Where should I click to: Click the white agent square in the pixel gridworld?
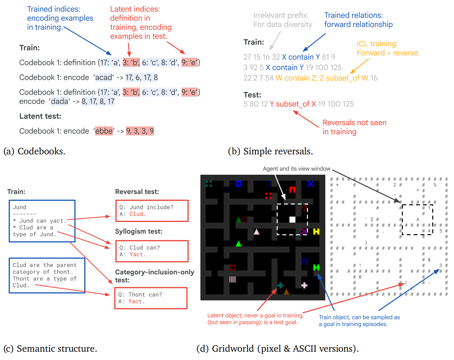tap(292, 219)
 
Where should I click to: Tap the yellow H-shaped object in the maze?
tap(316, 231)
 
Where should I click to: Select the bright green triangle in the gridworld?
tap(238, 244)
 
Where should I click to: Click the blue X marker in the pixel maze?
tap(310, 184)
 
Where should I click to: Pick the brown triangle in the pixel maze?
tap(286, 291)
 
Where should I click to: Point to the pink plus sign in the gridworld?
tap(304, 285)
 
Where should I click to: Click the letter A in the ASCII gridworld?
tap(418, 219)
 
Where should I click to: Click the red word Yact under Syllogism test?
tap(137, 255)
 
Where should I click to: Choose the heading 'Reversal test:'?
tap(137, 192)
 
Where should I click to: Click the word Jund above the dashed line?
tap(19, 207)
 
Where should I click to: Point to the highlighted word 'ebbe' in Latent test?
tap(103, 131)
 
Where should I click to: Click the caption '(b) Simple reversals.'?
tap(271, 152)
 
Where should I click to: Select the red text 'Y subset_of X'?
tap(293, 104)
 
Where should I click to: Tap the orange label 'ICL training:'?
tap(377, 44)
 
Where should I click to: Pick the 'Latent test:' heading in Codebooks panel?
tap(40, 116)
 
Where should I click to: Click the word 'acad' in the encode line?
tap(103, 77)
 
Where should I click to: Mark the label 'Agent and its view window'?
tap(296, 169)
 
